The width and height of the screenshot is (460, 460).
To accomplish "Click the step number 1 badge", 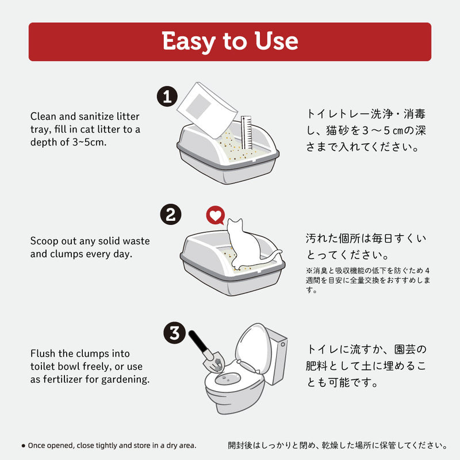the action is [167, 96].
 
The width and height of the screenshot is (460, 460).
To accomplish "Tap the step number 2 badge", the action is [171, 214].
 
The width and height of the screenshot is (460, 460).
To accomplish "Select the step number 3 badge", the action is [175, 333].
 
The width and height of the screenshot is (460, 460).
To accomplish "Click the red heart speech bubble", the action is [215, 215].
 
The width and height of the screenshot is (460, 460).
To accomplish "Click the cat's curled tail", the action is [271, 255].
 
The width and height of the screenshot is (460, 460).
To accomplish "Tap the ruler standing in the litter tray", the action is [247, 133].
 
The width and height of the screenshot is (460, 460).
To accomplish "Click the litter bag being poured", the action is [207, 110].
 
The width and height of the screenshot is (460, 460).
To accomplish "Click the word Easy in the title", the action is [189, 41].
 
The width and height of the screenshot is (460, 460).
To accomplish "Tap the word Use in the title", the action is [276, 40].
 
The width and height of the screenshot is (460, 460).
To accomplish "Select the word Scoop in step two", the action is [44, 241].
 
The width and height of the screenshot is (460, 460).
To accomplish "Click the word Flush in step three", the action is [43, 353].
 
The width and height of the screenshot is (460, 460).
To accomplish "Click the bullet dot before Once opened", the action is [24, 446].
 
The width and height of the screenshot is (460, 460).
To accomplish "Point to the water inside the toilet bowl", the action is [228, 379].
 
